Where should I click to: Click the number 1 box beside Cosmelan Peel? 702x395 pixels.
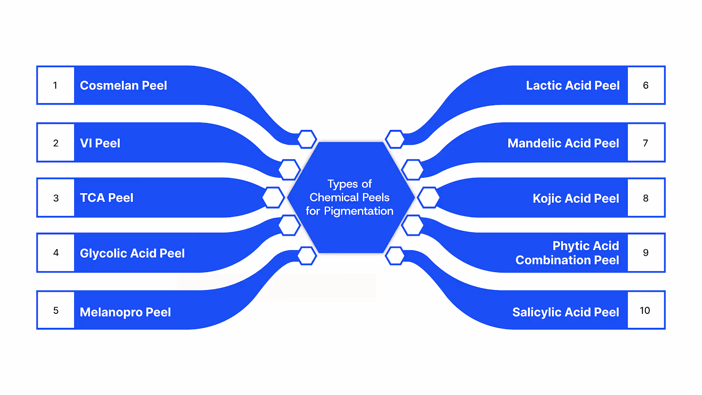click(56, 85)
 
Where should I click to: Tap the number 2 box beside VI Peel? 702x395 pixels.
click(56, 143)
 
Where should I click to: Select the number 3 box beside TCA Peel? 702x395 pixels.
click(56, 198)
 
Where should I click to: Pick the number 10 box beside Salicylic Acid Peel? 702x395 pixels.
click(645, 310)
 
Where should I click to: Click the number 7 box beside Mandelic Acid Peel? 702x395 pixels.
click(645, 143)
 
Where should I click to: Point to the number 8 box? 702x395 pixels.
click(645, 198)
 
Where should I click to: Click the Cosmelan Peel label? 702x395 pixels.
click(123, 86)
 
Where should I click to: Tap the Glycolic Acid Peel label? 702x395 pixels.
click(132, 253)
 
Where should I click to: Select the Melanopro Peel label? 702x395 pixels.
click(125, 312)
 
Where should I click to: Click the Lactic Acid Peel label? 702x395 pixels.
click(573, 86)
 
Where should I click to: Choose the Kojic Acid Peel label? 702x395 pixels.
click(576, 198)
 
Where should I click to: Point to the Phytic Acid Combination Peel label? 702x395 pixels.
click(567, 253)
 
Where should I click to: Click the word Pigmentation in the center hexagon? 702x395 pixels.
click(358, 211)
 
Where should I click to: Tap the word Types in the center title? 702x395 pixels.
click(342, 184)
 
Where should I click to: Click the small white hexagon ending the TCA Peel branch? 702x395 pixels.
click(273, 197)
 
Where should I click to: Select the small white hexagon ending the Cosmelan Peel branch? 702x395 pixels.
click(307, 139)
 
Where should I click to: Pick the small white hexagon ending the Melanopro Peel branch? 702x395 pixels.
click(307, 256)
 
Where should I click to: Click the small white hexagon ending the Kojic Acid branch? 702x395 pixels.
click(428, 197)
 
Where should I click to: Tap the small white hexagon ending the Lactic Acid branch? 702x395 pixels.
click(395, 139)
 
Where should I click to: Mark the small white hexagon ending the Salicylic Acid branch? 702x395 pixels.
click(395, 256)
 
